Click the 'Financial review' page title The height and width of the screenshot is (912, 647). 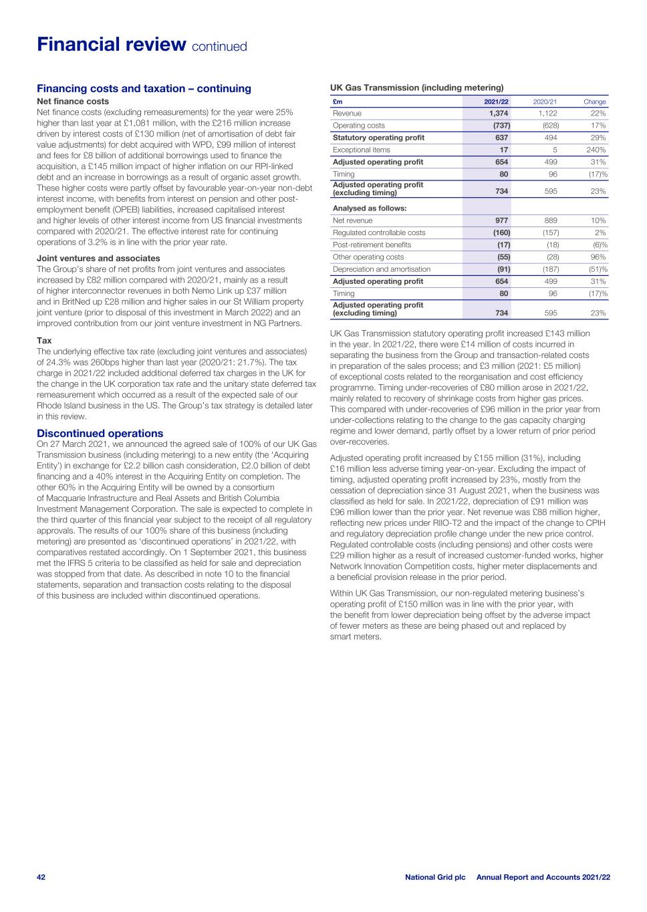(111, 45)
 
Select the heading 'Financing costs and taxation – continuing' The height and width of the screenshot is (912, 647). (144, 88)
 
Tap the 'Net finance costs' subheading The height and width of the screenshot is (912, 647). (73, 102)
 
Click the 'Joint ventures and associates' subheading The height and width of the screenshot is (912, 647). (98, 258)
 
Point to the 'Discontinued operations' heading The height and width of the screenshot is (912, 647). (100, 433)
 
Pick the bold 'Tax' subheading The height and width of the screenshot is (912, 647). (44, 340)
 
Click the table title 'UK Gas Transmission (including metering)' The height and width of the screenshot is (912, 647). (416, 88)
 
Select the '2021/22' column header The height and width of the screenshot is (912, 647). (496, 102)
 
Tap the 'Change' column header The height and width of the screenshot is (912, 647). (594, 102)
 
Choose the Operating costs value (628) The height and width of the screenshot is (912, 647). (550, 126)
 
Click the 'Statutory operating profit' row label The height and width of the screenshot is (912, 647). (378, 138)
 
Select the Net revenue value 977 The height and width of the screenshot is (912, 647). (500, 220)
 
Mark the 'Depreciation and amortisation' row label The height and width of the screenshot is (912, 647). (382, 269)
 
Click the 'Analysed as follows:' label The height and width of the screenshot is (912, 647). (370, 208)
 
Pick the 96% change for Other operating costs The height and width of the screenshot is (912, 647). (598, 257)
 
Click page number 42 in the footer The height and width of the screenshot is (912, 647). (41, 877)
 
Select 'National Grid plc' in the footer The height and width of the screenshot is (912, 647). (434, 877)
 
